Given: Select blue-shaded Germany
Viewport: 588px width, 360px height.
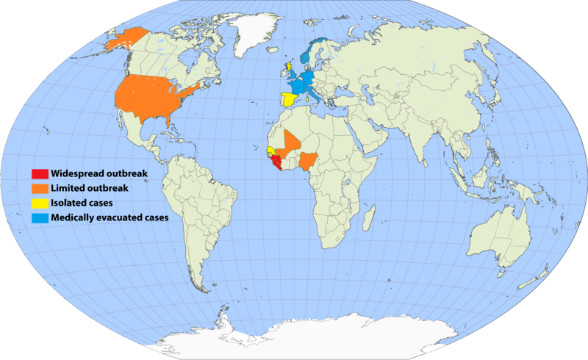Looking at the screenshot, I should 312,77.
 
